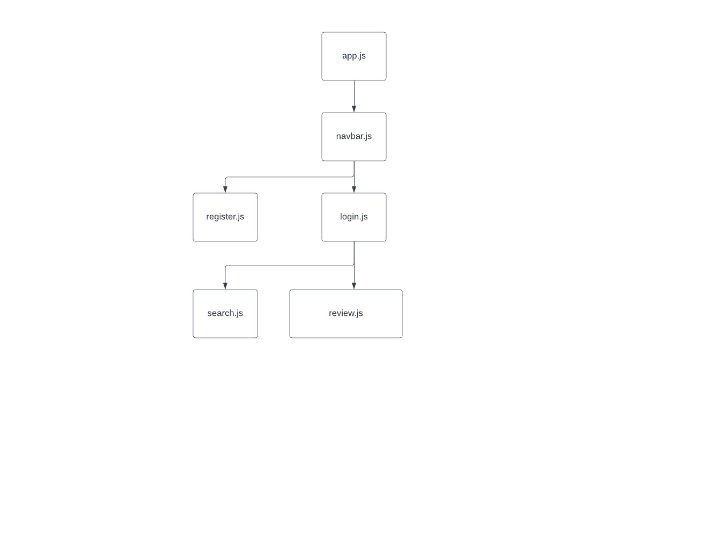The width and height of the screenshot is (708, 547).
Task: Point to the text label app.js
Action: point(354,56)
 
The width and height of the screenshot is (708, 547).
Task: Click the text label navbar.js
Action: point(354,136)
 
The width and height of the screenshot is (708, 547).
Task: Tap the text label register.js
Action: point(225,217)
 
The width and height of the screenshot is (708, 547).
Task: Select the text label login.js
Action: point(354,217)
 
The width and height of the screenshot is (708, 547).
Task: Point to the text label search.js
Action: point(225,313)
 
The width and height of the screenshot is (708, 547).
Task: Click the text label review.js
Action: point(346,313)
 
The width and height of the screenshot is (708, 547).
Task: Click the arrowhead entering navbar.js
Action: point(354,109)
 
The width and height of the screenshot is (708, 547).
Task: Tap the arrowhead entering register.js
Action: point(225,189)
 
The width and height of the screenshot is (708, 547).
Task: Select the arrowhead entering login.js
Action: point(354,189)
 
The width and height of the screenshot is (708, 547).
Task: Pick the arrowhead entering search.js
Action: point(225,286)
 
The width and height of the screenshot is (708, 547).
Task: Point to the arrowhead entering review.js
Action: point(354,286)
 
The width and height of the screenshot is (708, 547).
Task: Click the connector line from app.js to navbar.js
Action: point(354,94)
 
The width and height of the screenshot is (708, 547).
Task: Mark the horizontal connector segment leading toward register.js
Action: point(290,177)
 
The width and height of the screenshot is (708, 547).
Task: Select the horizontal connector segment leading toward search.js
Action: point(290,265)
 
